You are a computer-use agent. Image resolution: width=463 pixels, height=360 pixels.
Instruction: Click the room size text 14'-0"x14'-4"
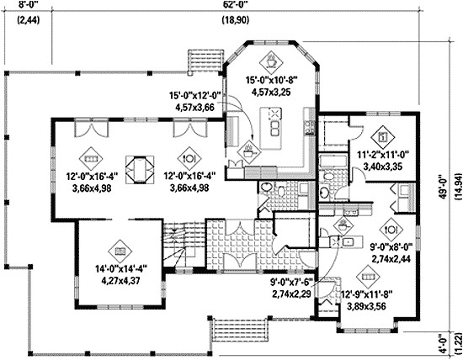click(120, 268)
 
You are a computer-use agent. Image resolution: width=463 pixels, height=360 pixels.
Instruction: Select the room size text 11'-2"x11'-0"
click(383, 156)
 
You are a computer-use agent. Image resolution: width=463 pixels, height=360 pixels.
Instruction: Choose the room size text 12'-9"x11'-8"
click(367, 295)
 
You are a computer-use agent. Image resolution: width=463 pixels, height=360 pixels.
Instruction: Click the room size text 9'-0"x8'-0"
click(391, 247)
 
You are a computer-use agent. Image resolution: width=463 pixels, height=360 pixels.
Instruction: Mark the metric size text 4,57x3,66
click(194, 108)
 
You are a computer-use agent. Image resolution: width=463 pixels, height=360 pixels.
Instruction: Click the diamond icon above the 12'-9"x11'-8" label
click(367, 275)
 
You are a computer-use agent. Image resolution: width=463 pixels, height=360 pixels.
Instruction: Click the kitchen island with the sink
click(275, 127)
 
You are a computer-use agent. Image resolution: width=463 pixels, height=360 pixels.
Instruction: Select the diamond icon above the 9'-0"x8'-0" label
click(391, 227)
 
